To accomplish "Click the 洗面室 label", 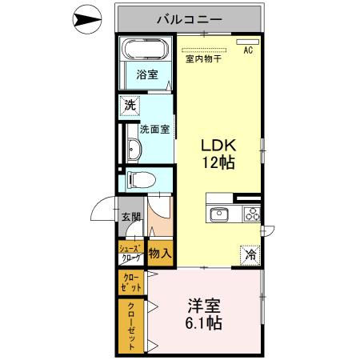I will [154, 128].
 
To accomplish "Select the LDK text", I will [218, 146].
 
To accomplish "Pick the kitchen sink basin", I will [218, 214].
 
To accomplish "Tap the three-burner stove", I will [251, 214].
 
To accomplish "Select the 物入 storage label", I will [160, 254].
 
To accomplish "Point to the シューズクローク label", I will [130, 253].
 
